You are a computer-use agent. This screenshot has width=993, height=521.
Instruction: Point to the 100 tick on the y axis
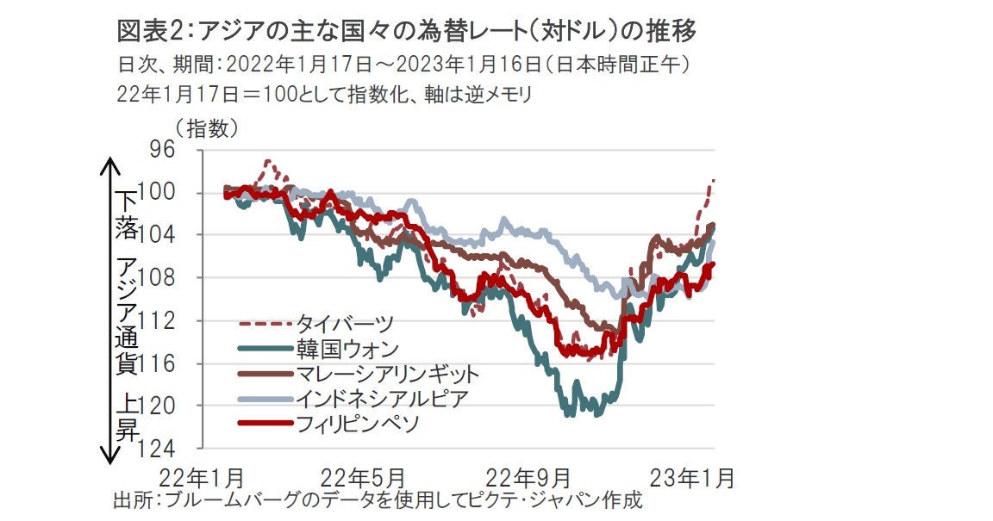(x=158, y=192)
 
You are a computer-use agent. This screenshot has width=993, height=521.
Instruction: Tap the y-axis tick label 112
(x=158, y=320)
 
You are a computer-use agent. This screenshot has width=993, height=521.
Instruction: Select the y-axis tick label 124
(x=158, y=448)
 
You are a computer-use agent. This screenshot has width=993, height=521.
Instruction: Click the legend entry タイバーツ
(x=345, y=324)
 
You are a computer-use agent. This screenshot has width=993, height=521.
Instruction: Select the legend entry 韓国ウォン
(x=347, y=349)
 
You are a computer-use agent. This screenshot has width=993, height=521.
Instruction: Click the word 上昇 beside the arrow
(x=126, y=417)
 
